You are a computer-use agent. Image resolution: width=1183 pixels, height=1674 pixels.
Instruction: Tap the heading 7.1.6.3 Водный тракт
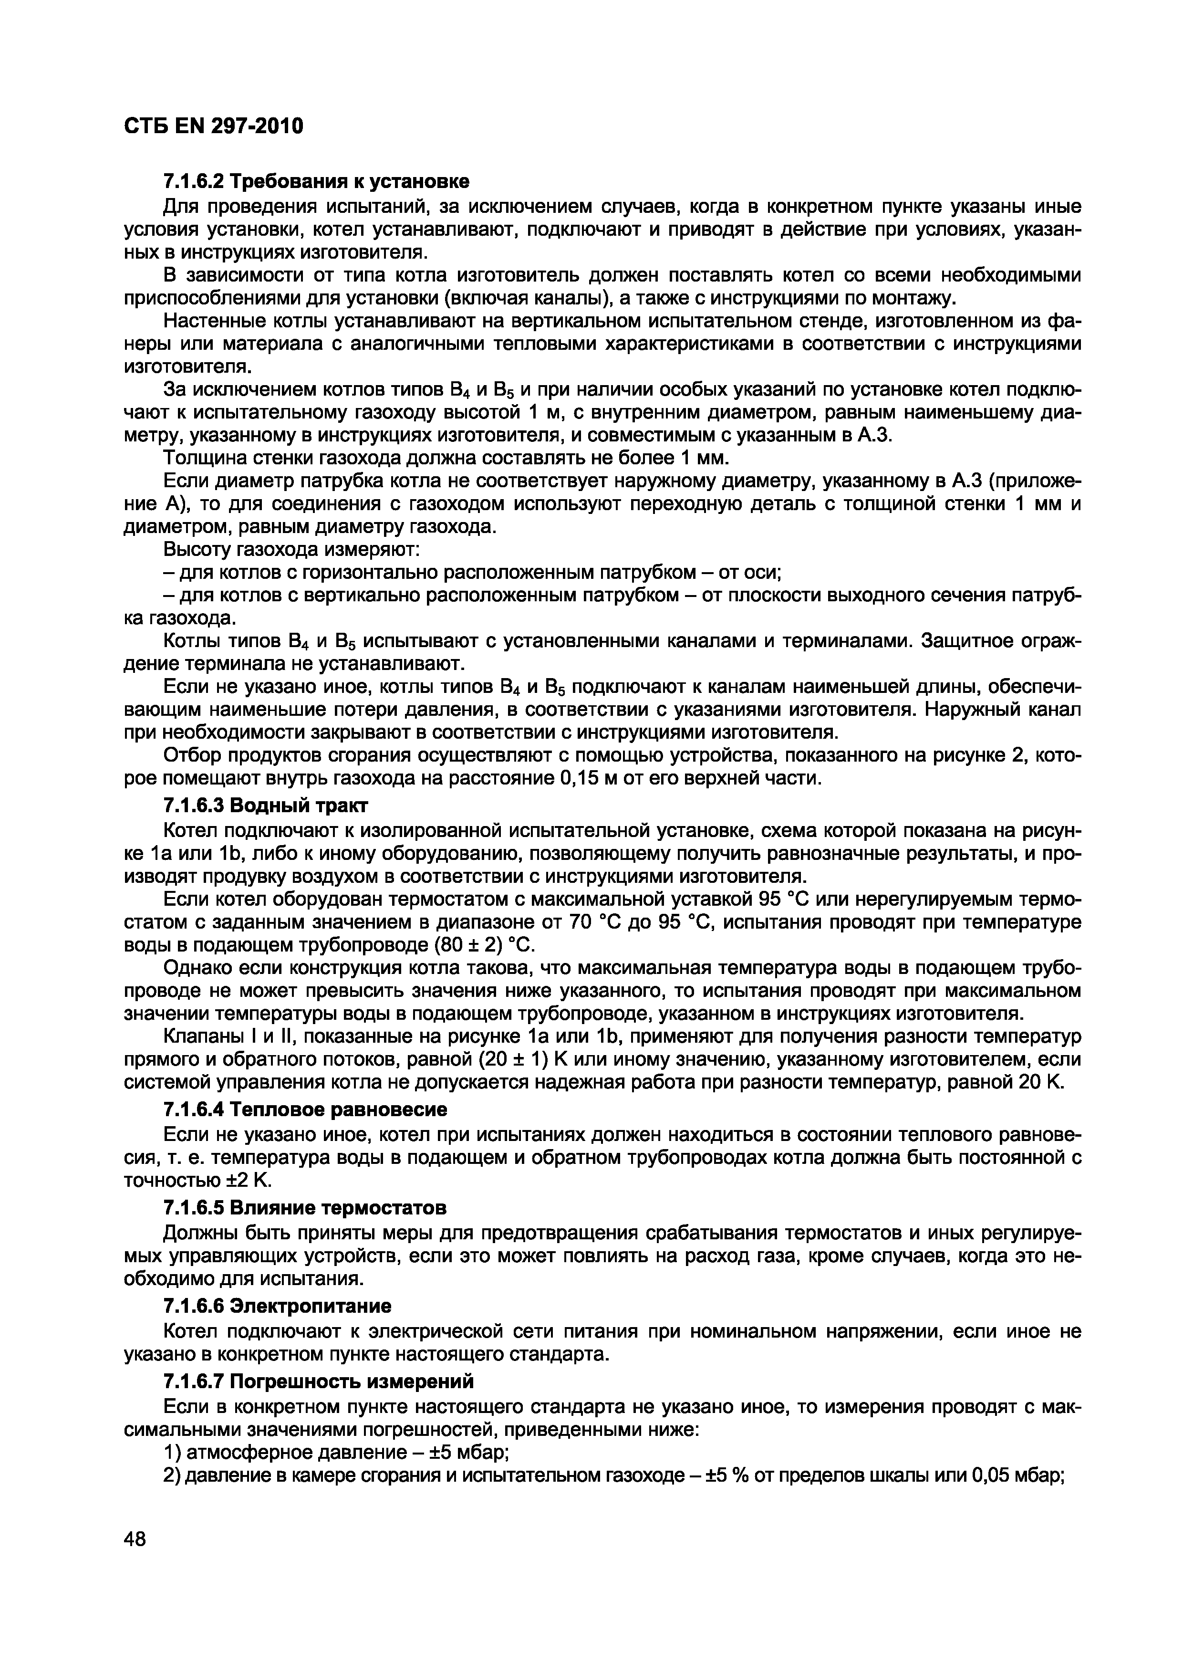(265, 806)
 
